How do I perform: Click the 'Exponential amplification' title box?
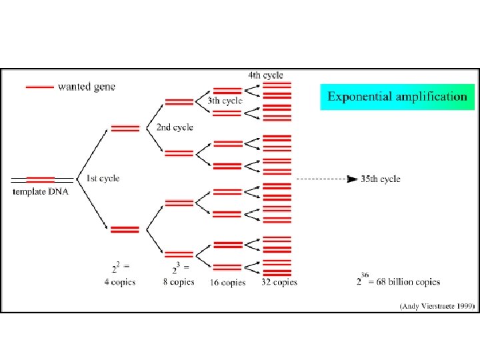397,97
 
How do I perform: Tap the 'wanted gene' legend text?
87,87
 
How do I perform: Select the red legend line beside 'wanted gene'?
39,87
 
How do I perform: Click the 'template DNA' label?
41,191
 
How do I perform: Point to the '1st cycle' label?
103,178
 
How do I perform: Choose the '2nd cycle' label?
175,127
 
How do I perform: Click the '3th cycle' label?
224,101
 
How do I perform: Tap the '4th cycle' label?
265,75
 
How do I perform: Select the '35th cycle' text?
381,179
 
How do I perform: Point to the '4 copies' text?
119,282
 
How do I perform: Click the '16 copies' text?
228,283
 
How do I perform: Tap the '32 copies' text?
280,283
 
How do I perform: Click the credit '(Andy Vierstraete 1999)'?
437,306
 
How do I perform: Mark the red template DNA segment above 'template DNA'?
41,179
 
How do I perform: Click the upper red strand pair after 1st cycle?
125,128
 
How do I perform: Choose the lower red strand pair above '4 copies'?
125,229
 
